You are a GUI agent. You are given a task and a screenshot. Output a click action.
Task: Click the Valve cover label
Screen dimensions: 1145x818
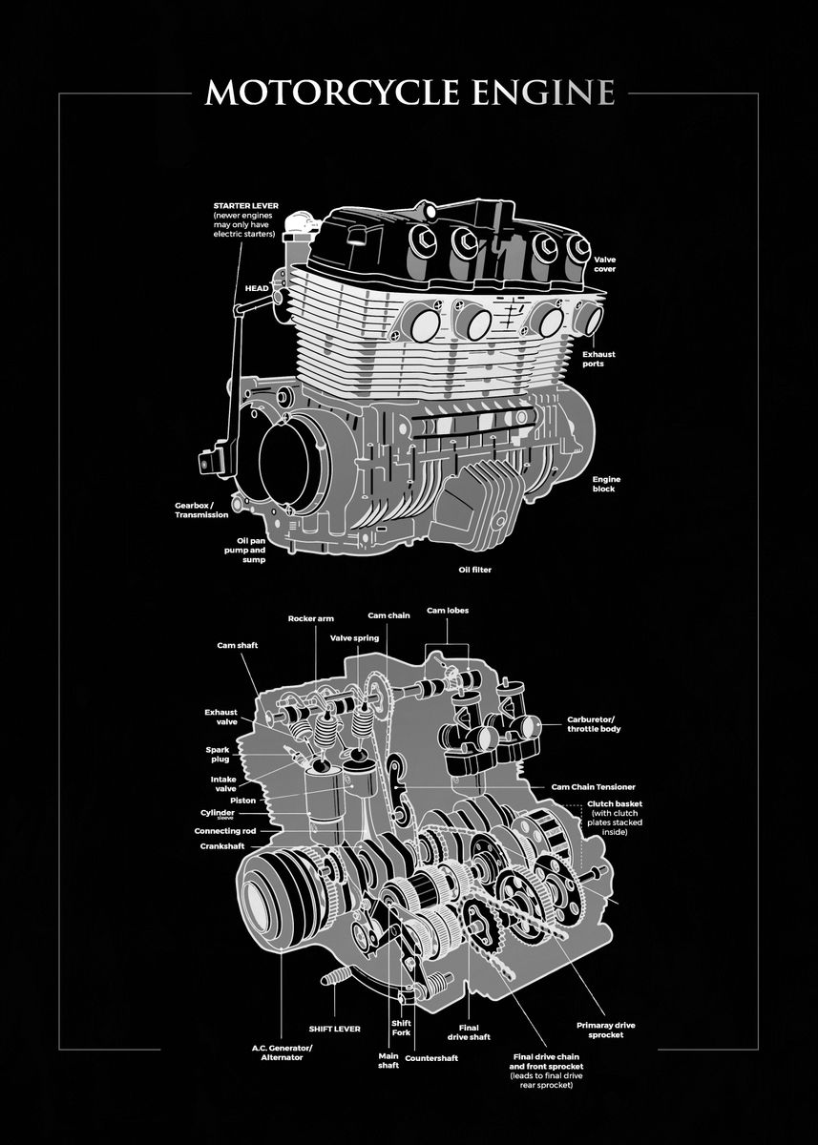pyautogui.click(x=604, y=264)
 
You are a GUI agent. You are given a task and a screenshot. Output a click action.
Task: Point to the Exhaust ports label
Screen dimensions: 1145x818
pyautogui.click(x=598, y=359)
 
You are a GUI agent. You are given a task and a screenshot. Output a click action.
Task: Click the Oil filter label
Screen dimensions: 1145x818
pyautogui.click(x=474, y=570)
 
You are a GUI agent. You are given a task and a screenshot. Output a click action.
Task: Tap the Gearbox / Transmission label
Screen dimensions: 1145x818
pyautogui.click(x=201, y=510)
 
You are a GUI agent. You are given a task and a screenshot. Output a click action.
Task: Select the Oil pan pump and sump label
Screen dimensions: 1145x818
pyautogui.click(x=244, y=551)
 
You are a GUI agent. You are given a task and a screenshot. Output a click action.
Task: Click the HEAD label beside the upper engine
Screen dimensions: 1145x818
pyautogui.click(x=257, y=287)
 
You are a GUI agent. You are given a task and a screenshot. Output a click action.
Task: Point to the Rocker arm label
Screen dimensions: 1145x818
pyautogui.click(x=310, y=618)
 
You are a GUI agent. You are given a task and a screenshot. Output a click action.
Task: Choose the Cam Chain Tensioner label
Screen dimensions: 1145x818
pyautogui.click(x=593, y=787)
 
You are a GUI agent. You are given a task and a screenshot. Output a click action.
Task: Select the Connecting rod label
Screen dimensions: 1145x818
pyautogui.click(x=224, y=831)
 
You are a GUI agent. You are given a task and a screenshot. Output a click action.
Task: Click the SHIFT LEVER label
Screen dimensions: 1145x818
pyautogui.click(x=334, y=1030)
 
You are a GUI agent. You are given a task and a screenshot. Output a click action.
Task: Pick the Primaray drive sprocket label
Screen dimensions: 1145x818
pyautogui.click(x=605, y=1030)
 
